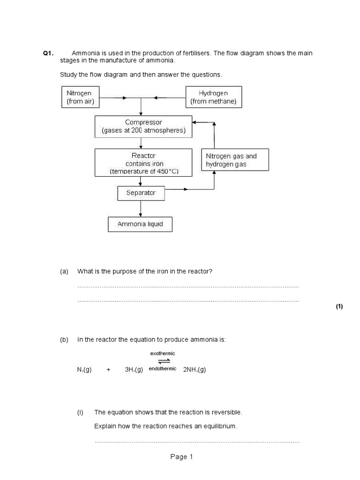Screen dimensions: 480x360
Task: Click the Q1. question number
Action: pyautogui.click(x=49, y=53)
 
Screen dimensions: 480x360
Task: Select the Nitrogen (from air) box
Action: pyautogui.click(x=79, y=97)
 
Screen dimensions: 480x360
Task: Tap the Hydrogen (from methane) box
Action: pyautogui.click(x=214, y=97)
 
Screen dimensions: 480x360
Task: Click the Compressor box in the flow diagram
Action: pyautogui.click(x=143, y=127)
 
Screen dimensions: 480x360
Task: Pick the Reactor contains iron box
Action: pyautogui.click(x=143, y=163)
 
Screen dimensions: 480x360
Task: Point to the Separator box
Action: pyautogui.click(x=141, y=193)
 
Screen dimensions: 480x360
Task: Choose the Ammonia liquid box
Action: pyautogui.click(x=140, y=224)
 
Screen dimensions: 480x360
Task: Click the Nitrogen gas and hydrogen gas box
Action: pyautogui.click(x=235, y=160)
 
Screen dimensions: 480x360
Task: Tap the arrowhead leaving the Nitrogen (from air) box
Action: pyautogui.click(x=124, y=98)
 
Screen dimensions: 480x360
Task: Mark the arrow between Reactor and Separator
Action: pyautogui.click(x=141, y=181)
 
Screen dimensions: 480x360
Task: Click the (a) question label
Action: pyautogui.click(x=64, y=271)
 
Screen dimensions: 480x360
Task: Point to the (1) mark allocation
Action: pyautogui.click(x=339, y=307)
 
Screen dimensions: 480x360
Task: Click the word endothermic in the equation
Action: pyautogui.click(x=163, y=369)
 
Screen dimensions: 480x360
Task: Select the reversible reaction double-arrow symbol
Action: pyautogui.click(x=164, y=361)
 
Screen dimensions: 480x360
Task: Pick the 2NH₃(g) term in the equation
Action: pyautogui.click(x=195, y=370)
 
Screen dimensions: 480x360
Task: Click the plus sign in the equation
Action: pyautogui.click(x=108, y=370)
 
